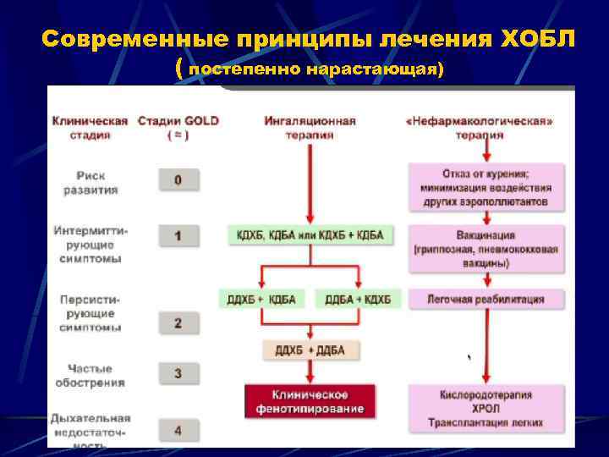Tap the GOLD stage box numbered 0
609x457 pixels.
178,179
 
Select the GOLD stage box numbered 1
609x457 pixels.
178,235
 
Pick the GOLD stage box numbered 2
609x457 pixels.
178,322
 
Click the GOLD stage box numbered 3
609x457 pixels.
178,372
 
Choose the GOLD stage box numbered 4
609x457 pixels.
178,430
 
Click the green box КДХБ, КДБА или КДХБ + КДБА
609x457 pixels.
310,234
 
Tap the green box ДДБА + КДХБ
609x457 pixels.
358,299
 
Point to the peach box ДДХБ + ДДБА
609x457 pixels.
310,350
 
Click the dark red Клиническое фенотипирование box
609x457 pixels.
310,402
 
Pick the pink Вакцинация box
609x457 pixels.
485,249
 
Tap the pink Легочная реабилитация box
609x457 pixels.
485,299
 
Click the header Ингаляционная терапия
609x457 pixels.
310,127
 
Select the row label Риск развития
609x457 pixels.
91,183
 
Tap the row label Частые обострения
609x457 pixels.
91,375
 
